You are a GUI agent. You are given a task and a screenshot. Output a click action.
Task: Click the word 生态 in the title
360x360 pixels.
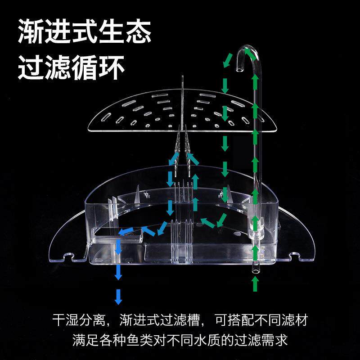tap(121, 32)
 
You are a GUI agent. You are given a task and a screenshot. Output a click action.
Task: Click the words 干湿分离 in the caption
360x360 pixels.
tap(79, 321)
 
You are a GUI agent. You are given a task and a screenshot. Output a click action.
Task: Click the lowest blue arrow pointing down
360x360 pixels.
tap(118, 297)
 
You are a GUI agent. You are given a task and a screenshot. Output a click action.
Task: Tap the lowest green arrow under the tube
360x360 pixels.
tap(256, 283)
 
